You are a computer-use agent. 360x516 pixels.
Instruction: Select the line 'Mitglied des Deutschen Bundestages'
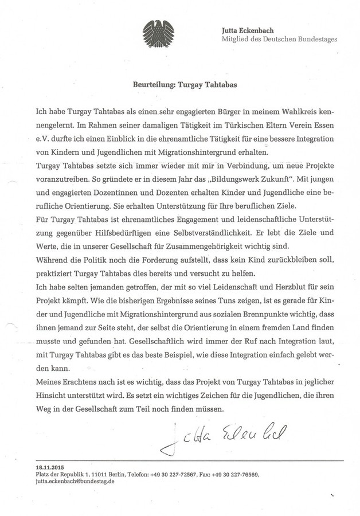[279, 39]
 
